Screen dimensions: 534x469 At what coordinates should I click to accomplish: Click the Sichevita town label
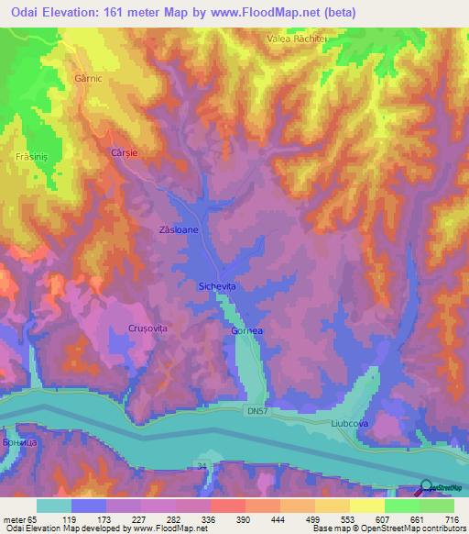click(x=218, y=287)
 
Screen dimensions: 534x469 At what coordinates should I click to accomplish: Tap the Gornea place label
click(x=248, y=330)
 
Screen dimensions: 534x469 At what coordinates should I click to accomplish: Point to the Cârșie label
click(x=124, y=152)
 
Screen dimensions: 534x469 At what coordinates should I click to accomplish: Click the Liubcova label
click(x=348, y=424)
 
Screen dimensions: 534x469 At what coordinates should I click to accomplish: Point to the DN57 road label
click(x=257, y=415)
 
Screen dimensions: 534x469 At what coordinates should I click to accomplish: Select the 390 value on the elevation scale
click(x=243, y=518)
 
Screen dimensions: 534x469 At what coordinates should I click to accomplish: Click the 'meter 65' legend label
click(x=17, y=518)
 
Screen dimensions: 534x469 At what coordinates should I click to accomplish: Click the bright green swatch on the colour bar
click(x=402, y=506)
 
